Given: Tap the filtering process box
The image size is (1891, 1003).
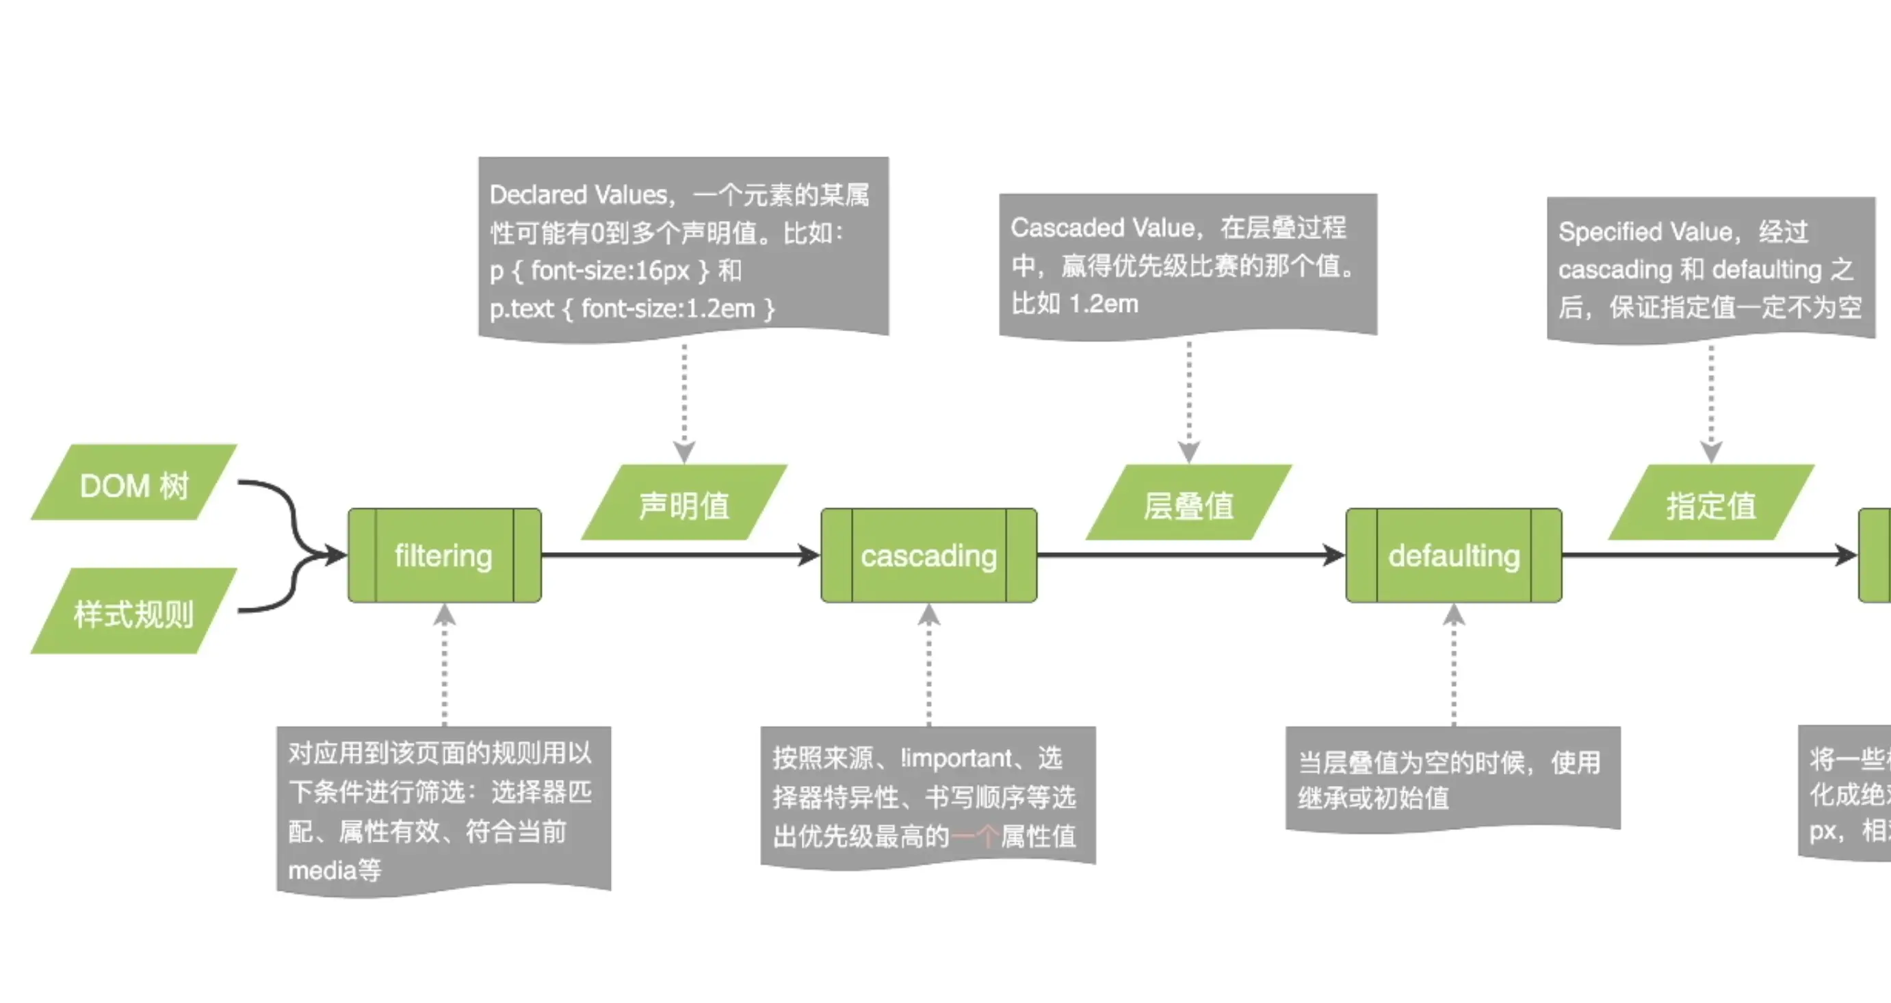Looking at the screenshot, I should pos(444,556).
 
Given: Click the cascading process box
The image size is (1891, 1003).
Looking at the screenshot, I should pos(928,556).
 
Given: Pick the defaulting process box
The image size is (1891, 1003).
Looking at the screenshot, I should pos(1454,556).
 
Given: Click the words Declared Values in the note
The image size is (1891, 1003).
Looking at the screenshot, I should pos(579,194).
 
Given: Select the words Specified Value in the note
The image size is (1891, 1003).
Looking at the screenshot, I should pos(1645,232).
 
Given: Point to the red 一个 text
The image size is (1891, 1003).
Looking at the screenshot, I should pos(974,836).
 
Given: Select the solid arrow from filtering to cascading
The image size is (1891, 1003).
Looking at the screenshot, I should pos(680,555).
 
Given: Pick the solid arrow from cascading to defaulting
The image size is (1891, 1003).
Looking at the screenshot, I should pos(1189,555).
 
